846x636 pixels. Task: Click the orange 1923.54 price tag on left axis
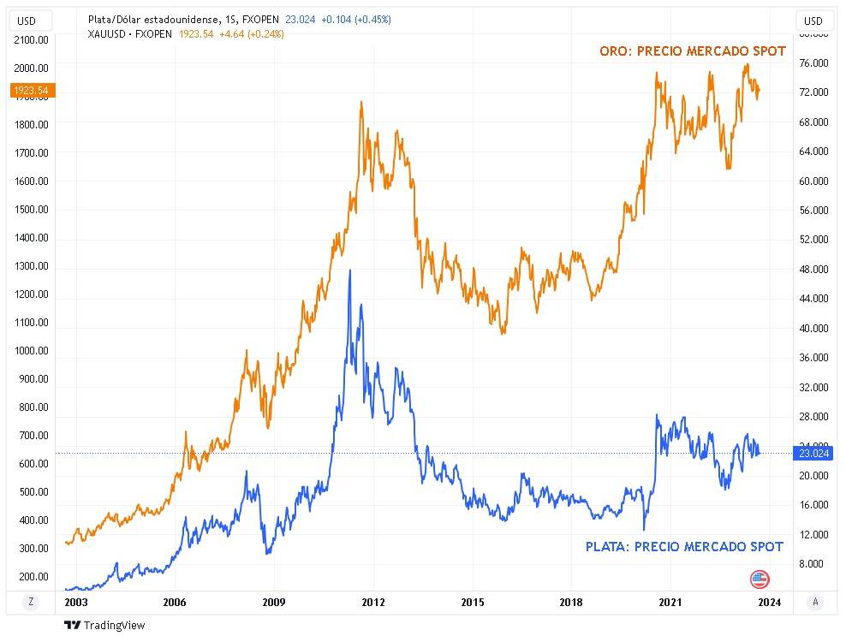pos(32,89)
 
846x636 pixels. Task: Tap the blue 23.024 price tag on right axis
pos(813,454)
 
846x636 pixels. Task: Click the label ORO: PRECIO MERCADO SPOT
pos(692,51)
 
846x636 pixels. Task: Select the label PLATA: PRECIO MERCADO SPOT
pos(684,546)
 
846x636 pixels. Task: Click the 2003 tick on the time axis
pos(76,602)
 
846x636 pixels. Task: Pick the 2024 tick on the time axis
pos(769,602)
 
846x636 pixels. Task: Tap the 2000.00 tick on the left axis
pos(32,68)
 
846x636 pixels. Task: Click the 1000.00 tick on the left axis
pos(32,351)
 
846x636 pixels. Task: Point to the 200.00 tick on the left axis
pos(32,577)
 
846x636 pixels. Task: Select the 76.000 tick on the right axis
pos(814,63)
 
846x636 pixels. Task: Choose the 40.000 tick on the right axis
pos(814,328)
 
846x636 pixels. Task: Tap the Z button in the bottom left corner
pos(31,602)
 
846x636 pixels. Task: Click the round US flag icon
pos(760,579)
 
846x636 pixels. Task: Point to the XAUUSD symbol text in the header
pos(110,33)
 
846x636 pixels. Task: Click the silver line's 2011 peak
pos(349,270)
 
